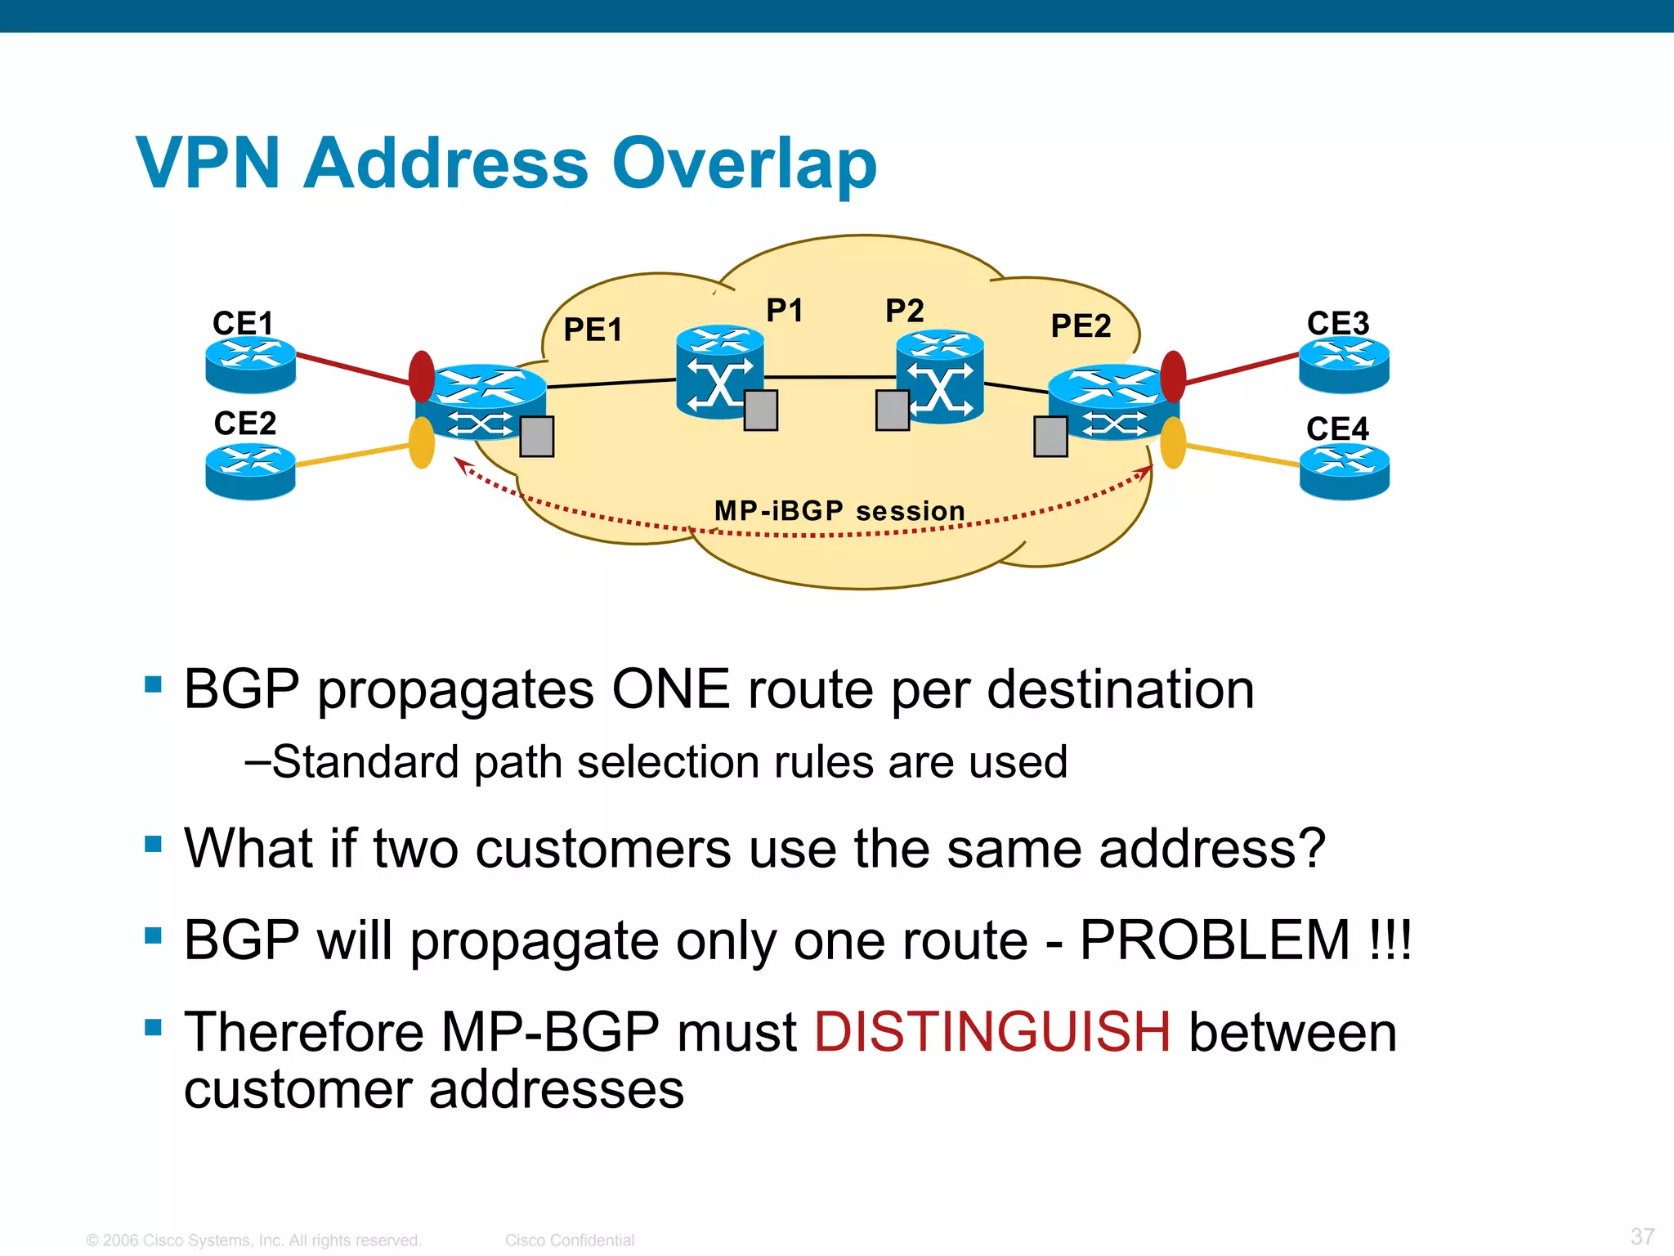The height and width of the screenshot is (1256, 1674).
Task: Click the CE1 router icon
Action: click(250, 365)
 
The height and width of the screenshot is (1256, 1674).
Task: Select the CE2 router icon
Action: click(250, 471)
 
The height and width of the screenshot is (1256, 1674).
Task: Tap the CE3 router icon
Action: click(1344, 365)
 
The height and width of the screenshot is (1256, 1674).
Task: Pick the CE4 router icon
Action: click(1344, 472)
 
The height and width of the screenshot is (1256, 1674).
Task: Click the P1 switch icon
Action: click(719, 373)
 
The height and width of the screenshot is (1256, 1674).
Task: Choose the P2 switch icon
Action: click(940, 376)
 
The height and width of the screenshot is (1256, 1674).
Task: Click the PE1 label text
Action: click(593, 330)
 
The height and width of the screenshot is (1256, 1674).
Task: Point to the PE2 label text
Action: click(1081, 326)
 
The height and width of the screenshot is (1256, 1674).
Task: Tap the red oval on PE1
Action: click(422, 376)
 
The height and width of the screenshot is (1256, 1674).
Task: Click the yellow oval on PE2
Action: click(1173, 442)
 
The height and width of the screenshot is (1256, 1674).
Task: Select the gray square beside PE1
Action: click(537, 436)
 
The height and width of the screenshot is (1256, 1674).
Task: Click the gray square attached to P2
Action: click(892, 410)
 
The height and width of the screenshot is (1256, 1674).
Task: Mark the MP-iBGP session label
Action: click(839, 511)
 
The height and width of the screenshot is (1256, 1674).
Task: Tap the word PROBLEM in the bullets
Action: click(1215, 940)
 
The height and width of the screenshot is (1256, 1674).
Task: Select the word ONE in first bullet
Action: click(670, 689)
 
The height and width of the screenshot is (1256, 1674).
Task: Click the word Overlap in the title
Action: click(744, 163)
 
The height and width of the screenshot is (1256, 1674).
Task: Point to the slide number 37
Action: click(1642, 1236)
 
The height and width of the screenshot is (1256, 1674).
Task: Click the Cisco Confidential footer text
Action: click(570, 1240)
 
